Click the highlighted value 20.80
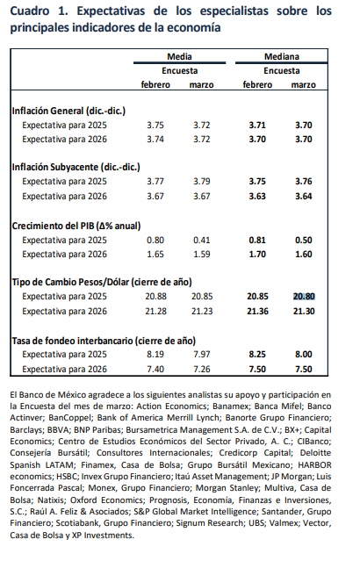point(304,296)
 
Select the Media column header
point(179,56)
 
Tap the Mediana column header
point(282,56)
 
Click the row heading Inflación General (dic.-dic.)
point(68,111)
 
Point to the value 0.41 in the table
point(202,240)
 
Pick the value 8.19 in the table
point(155,354)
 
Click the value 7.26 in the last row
point(202,369)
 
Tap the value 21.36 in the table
point(257,312)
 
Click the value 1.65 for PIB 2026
point(155,254)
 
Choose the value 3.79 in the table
point(202,182)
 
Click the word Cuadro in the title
point(30,11)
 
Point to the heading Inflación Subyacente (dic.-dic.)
point(76,167)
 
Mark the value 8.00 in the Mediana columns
point(304,354)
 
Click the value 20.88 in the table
point(156,296)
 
